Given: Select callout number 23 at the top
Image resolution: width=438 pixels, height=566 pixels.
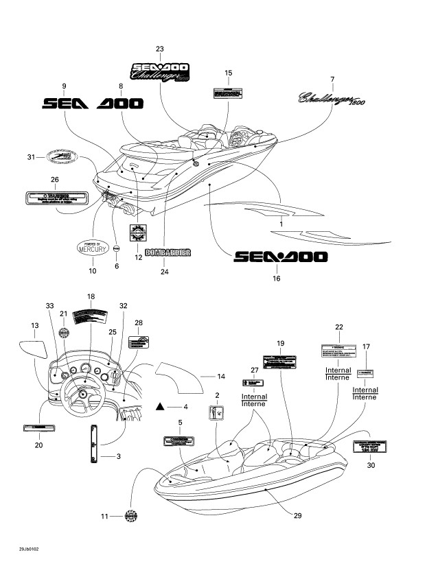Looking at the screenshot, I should pos(160,49).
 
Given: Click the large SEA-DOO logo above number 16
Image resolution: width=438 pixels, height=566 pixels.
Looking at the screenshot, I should pos(280,257).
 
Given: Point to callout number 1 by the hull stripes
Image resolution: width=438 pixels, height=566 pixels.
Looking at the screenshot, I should pos(280,224).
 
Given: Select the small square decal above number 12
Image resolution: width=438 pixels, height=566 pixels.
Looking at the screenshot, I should pos(137,231).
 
